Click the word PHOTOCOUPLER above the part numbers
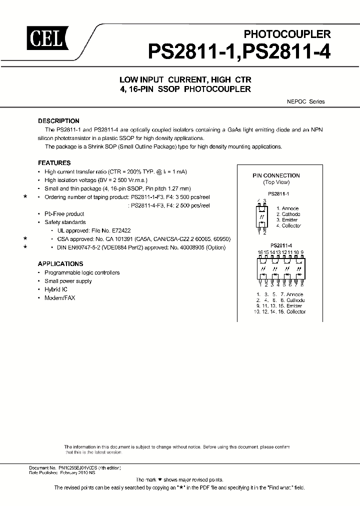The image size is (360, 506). tap(287, 34)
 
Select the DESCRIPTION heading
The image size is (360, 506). tap(58, 121)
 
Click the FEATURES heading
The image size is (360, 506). tap(54, 163)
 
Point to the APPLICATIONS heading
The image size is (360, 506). tap(60, 264)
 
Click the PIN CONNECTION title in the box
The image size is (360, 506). tap(276, 175)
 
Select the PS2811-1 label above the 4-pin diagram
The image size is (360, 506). tap(278, 192)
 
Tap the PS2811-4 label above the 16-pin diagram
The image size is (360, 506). tap(281, 245)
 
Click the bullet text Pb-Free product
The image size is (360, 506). tap(64, 213)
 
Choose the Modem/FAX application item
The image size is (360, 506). tap(60, 298)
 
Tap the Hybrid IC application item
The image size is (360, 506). tap(56, 289)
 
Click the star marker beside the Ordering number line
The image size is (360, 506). tap(25, 197)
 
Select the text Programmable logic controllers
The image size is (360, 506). tap(82, 272)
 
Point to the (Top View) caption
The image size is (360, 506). tap(276, 182)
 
